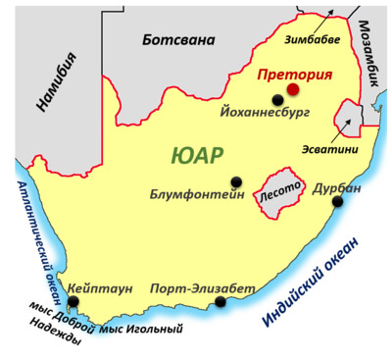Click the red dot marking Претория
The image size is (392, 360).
291,90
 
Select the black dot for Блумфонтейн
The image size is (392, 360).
236,181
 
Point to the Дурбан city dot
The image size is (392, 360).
338,202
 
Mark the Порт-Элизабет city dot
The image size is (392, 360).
220,301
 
